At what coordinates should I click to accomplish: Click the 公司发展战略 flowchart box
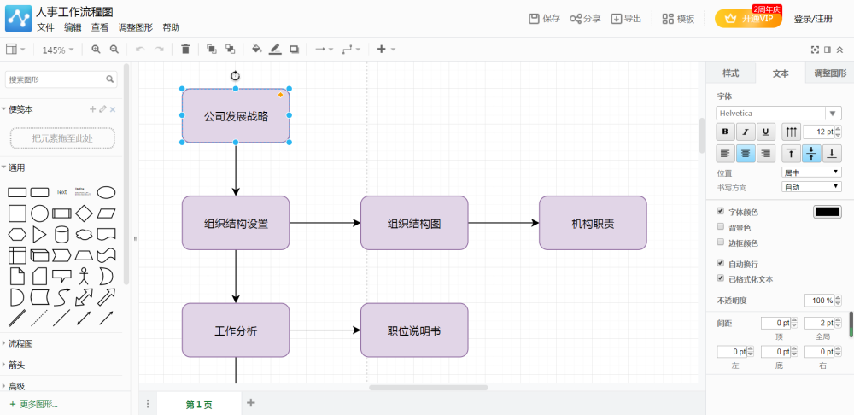[236, 115]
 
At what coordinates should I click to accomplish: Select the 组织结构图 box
[414, 224]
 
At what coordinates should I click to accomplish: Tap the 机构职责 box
[593, 224]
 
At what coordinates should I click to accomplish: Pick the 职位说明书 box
[414, 330]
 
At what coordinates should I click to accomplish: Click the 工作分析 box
[236, 330]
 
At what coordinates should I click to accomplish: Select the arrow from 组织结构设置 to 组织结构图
[325, 224]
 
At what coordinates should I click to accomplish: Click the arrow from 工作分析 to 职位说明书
[325, 330]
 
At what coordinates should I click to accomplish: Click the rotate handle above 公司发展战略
[236, 76]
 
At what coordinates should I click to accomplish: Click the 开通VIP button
[748, 19]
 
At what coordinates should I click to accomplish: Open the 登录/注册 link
[813, 19]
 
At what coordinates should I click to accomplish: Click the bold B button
[725, 132]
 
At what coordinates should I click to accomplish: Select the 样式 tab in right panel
[731, 73]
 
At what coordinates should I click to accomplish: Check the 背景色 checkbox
[721, 227]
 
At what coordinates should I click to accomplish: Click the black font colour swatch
[827, 212]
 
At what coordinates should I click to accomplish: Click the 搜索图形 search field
[56, 79]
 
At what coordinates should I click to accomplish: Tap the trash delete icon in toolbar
[185, 50]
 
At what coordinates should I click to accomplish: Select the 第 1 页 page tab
[199, 404]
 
